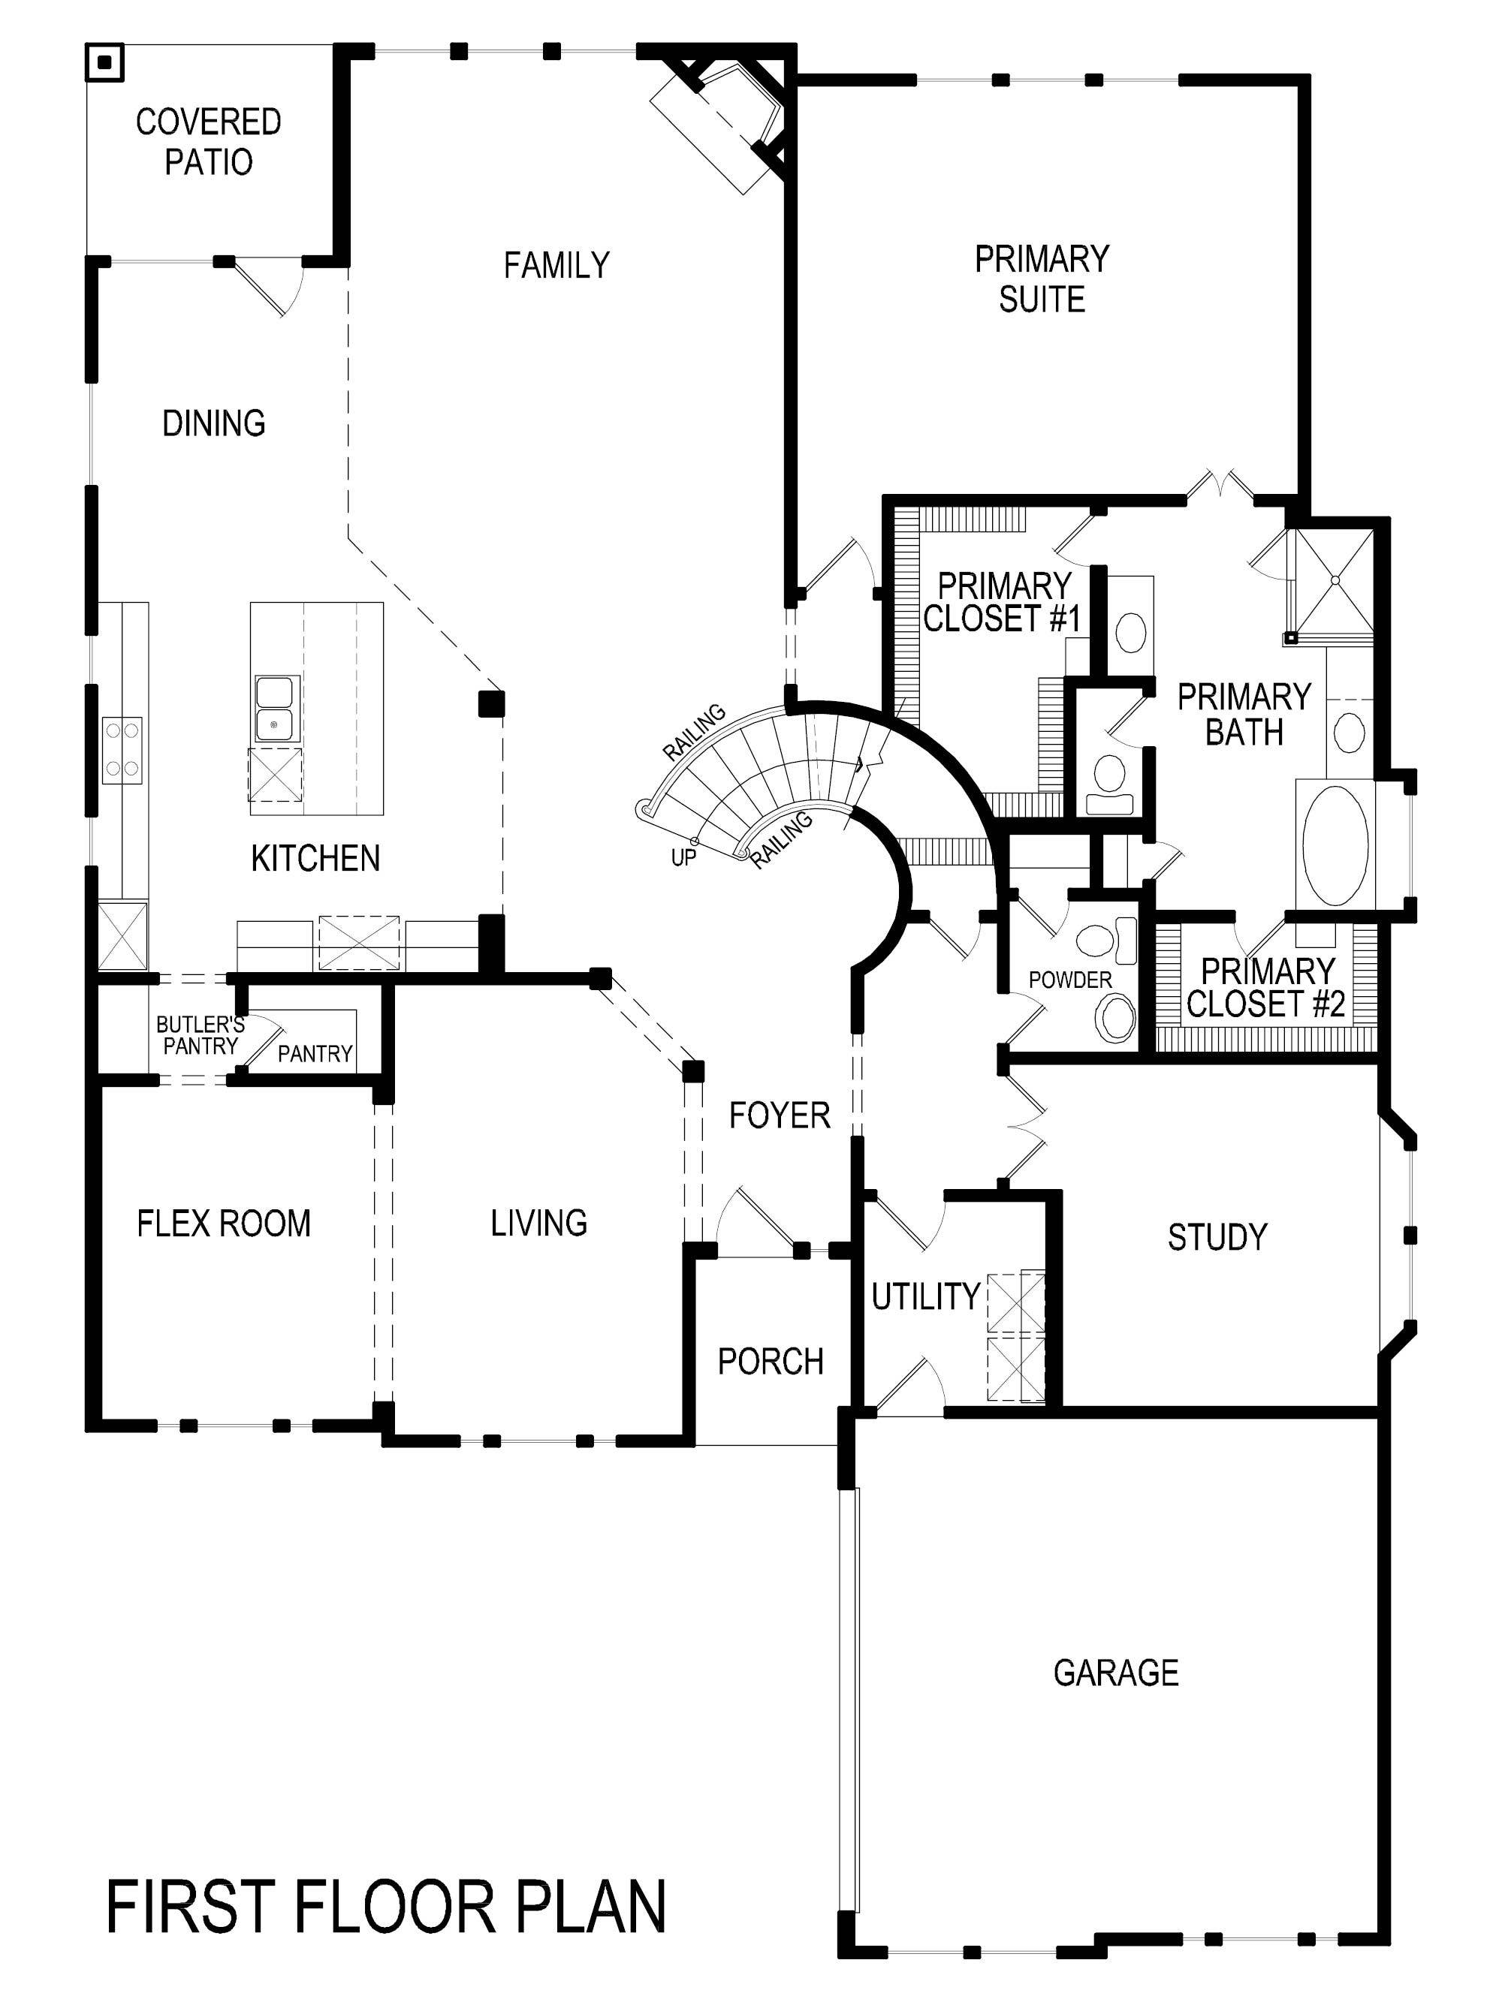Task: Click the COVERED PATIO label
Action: (208, 141)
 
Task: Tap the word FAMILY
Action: (556, 265)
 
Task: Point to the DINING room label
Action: (214, 423)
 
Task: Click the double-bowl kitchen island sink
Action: (275, 709)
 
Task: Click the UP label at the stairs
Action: (683, 857)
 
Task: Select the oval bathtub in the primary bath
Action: (1335, 845)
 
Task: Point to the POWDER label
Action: (1070, 980)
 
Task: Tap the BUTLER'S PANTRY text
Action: (200, 1035)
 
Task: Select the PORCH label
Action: (771, 1361)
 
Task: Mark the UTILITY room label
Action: (925, 1296)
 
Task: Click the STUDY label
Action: (1217, 1236)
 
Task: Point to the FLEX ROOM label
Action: (224, 1224)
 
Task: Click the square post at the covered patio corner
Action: (105, 62)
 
